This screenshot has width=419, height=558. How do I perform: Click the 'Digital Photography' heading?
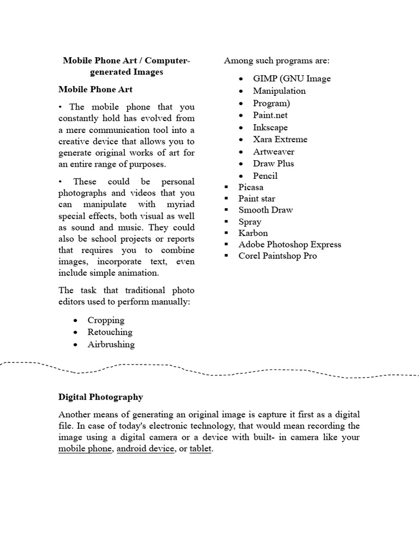tap(100, 397)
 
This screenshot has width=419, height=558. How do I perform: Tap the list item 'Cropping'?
tap(106, 320)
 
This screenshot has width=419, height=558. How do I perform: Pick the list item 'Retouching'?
tap(110, 332)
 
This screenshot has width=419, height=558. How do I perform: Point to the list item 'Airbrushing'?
tap(111, 344)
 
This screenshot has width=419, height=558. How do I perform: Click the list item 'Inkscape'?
tap(270, 128)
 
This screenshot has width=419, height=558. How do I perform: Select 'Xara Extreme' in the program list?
tap(280, 139)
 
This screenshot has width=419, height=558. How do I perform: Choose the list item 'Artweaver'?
tap(273, 151)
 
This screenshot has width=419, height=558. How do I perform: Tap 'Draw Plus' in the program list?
tap(273, 163)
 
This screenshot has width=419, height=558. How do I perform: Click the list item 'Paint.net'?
tap(270, 115)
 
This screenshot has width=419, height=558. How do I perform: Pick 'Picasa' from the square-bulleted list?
tap(250, 187)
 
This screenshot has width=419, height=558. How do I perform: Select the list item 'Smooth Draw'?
tap(265, 210)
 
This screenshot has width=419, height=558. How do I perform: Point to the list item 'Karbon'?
tap(253, 233)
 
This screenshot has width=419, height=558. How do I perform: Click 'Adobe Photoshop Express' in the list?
tap(290, 245)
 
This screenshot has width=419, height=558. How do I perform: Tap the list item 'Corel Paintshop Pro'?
tap(277, 256)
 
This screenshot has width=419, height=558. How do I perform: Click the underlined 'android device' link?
tap(146, 450)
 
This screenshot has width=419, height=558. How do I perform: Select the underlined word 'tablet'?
tap(200, 450)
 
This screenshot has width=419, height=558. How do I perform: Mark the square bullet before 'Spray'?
tap(226, 222)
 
